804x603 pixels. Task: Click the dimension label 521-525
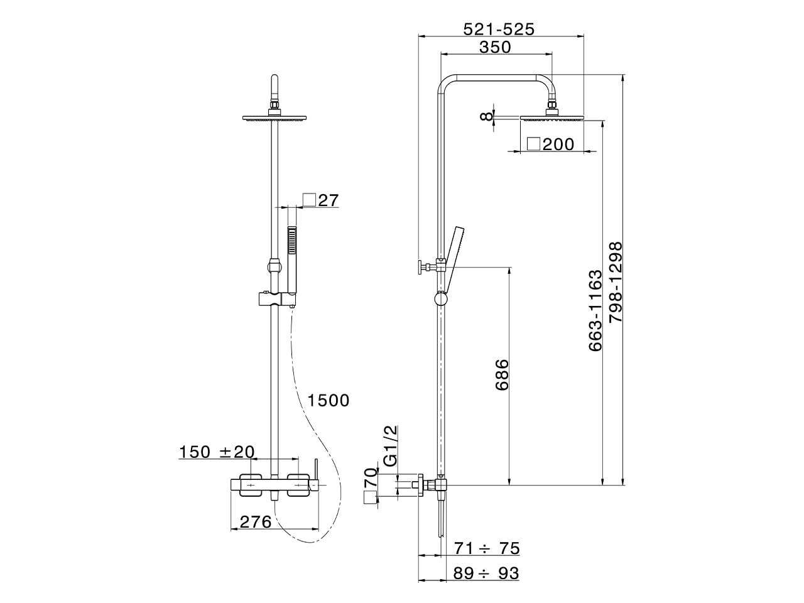click(x=499, y=30)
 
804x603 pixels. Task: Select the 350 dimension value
click(x=495, y=47)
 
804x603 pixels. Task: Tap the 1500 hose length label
click(x=328, y=401)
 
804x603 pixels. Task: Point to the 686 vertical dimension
click(x=502, y=375)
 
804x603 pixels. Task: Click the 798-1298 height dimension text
click(x=616, y=282)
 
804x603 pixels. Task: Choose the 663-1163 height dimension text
click(x=595, y=311)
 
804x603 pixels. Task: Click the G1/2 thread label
click(x=391, y=446)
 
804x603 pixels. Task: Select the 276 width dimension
click(x=255, y=522)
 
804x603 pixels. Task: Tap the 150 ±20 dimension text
click(x=217, y=452)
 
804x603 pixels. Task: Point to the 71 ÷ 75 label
click(x=487, y=548)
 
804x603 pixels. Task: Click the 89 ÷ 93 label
click(x=486, y=573)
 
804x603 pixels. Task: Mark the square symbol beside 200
click(x=534, y=144)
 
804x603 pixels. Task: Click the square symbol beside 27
click(x=309, y=200)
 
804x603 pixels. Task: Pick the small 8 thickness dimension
click(x=486, y=116)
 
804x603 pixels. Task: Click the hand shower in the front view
click(x=292, y=260)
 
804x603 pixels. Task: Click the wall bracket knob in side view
click(x=420, y=268)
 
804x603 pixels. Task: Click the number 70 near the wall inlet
click(x=371, y=477)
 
